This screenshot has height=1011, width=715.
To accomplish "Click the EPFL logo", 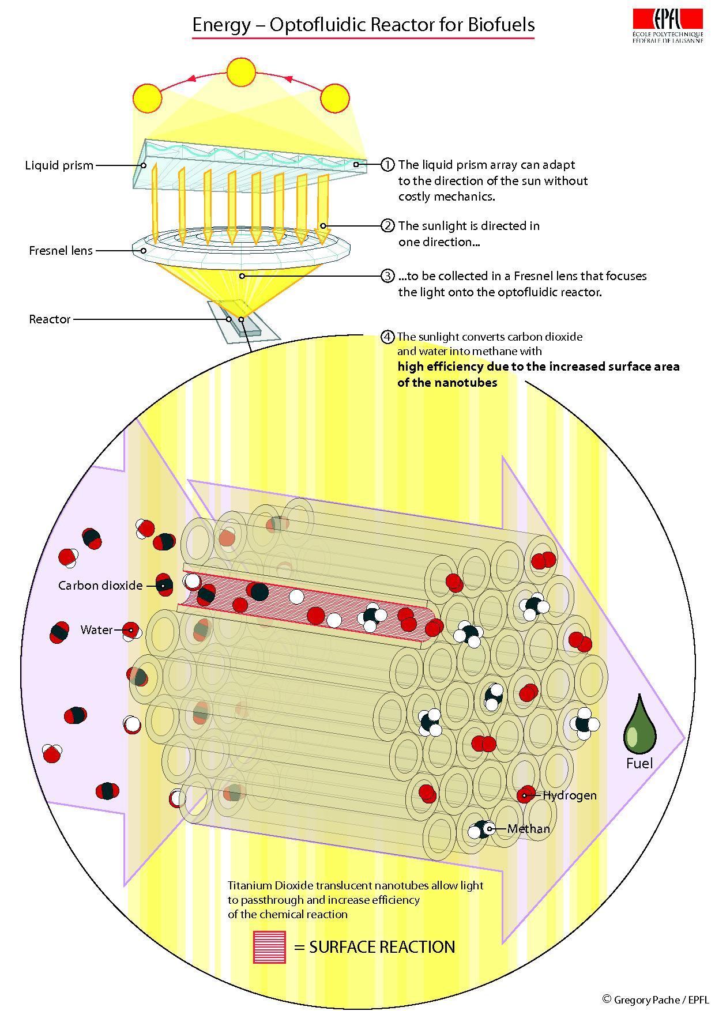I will [x=668, y=26].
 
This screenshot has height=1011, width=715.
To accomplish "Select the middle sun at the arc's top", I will [x=240, y=72].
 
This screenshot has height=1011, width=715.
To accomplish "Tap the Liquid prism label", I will [x=59, y=165].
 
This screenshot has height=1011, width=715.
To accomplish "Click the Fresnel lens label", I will [x=61, y=251].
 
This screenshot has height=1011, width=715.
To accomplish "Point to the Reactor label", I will [x=50, y=319].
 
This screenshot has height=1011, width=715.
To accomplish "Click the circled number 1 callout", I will [x=388, y=165].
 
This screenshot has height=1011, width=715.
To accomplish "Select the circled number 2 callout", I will [x=388, y=225].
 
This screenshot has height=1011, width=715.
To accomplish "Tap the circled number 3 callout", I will [x=388, y=276].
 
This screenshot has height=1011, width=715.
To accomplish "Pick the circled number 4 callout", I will [x=388, y=337].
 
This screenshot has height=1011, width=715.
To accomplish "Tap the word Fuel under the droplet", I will [x=639, y=764].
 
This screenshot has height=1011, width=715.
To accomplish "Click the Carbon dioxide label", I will [x=100, y=586].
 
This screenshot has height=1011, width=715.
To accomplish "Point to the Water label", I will [x=96, y=630].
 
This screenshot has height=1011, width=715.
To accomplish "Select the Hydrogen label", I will [x=570, y=795].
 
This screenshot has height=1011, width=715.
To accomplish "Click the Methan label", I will [x=529, y=829].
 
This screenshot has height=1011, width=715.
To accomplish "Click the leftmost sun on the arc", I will [x=148, y=99].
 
